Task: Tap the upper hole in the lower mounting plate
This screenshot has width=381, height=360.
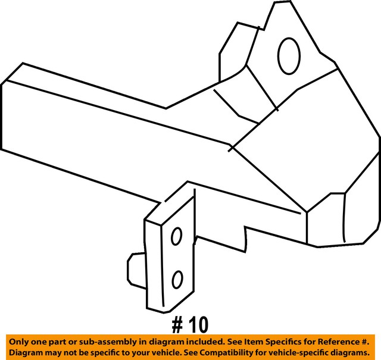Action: (x=176, y=237)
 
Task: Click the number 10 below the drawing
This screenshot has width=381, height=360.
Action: (x=199, y=325)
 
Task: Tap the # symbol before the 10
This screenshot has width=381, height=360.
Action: (x=177, y=325)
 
